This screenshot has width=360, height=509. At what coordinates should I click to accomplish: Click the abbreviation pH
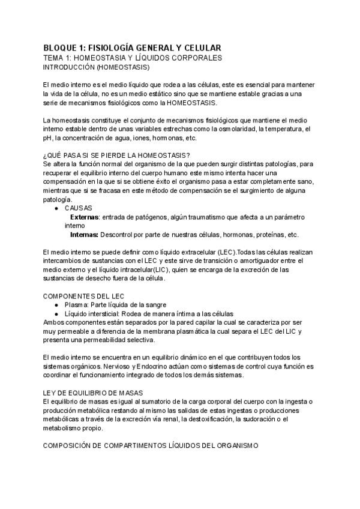coord(47,137)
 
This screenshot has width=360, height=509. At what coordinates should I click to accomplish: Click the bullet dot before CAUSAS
coord(56,208)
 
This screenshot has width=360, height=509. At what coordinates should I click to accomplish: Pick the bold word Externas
coord(85,217)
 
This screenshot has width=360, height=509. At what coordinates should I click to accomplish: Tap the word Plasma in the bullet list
coord(76,305)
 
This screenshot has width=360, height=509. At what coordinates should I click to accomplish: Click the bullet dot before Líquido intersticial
coord(56,314)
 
